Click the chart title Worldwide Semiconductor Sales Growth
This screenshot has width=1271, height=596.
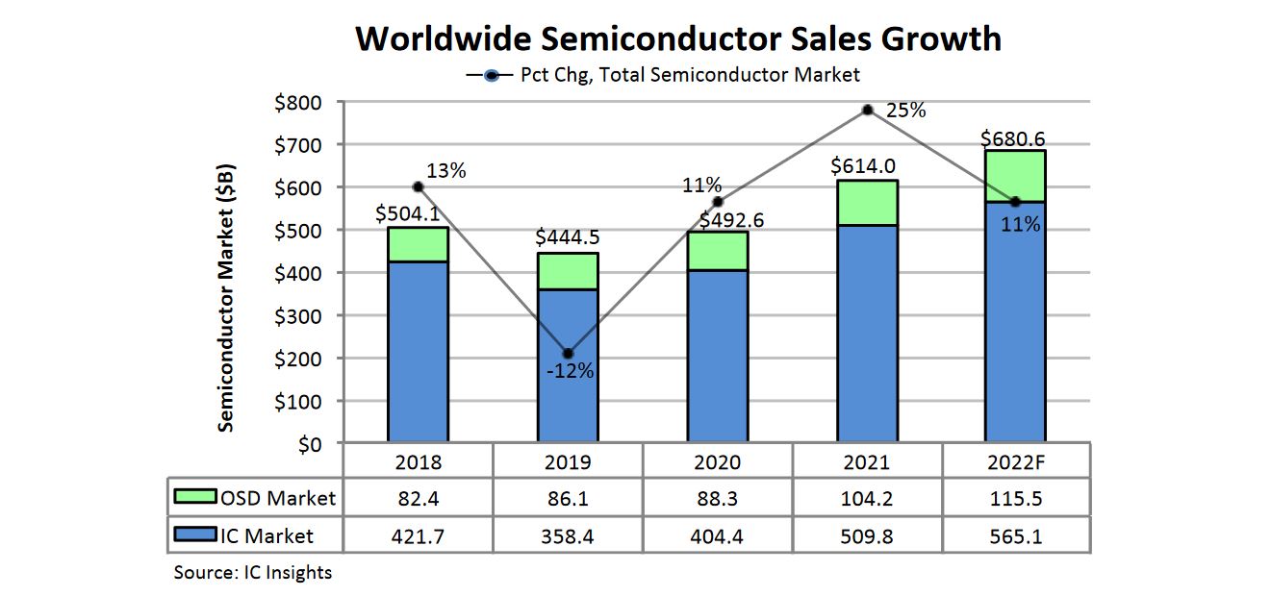pyautogui.click(x=678, y=39)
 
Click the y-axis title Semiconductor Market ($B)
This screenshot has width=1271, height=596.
pyautogui.click(x=225, y=299)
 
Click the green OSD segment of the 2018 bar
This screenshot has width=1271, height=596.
pyautogui.click(x=418, y=244)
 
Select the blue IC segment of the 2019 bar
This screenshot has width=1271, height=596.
pyautogui.click(x=568, y=365)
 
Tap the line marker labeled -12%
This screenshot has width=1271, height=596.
pyautogui.click(x=568, y=354)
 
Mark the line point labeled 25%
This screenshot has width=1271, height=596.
pyautogui.click(x=867, y=110)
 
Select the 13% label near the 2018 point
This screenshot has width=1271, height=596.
pyautogui.click(x=445, y=171)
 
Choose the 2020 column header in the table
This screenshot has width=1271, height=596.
pyautogui.click(x=717, y=461)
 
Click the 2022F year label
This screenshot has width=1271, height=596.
pyautogui.click(x=1015, y=461)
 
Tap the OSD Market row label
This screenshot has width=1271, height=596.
pyautogui.click(x=278, y=498)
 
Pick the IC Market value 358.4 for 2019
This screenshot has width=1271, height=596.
pyautogui.click(x=568, y=535)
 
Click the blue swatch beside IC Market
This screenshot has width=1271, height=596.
pyautogui.click(x=195, y=535)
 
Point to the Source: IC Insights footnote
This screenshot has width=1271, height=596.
pyautogui.click(x=252, y=573)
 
